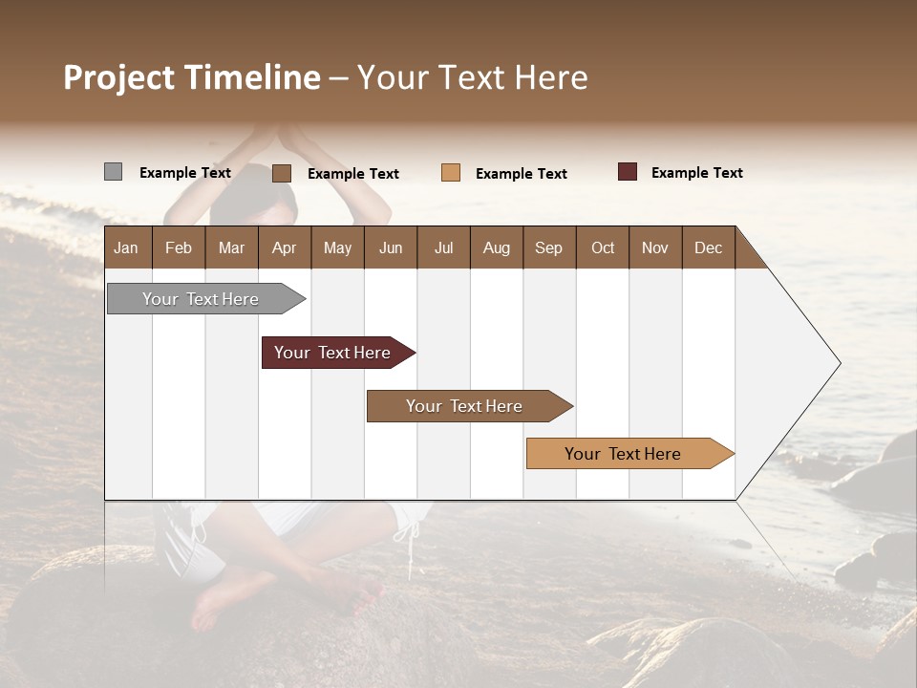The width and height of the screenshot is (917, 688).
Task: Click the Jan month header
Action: [x=126, y=247]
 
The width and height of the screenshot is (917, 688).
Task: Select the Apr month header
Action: [x=284, y=247]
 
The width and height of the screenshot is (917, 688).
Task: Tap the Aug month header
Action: [x=496, y=247]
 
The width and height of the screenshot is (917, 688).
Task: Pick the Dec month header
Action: [x=708, y=247]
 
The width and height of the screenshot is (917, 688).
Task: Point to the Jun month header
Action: [x=390, y=247]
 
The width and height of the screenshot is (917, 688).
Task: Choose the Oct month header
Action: [x=602, y=247]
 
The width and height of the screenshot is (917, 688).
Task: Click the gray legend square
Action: [x=113, y=172]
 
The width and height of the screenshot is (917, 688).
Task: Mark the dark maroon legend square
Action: [x=627, y=172]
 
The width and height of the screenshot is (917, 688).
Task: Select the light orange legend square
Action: [x=451, y=173]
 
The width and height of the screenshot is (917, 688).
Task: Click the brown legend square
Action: [x=281, y=173]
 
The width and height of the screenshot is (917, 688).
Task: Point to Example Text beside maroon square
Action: [x=696, y=173]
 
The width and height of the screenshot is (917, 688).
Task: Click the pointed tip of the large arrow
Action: [x=838, y=363]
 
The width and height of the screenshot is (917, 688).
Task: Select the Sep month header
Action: [x=548, y=247]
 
